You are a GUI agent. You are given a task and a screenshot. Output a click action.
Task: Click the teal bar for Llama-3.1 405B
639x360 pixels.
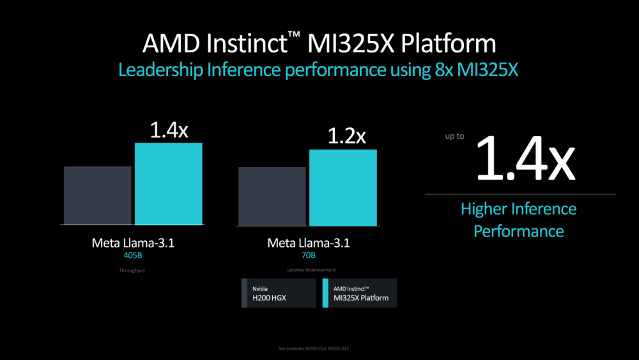click(168, 184)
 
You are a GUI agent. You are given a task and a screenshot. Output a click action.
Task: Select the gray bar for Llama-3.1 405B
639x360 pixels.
click(98, 195)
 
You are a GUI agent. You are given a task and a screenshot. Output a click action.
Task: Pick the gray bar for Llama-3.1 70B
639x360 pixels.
click(272, 196)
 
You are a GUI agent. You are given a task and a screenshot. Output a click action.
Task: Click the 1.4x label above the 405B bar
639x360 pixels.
click(169, 130)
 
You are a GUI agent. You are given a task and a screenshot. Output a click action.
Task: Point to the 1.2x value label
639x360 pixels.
click(346, 136)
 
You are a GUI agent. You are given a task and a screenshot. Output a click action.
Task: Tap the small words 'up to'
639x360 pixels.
click(455, 137)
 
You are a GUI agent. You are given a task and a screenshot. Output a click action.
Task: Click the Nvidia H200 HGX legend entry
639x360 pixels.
click(279, 293)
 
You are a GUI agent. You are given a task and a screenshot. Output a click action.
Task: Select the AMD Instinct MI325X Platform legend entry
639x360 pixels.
click(360, 293)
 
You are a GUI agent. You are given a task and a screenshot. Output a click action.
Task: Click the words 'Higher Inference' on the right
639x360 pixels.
click(518, 209)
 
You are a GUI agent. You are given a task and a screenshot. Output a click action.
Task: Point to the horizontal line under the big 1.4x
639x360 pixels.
click(520, 194)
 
